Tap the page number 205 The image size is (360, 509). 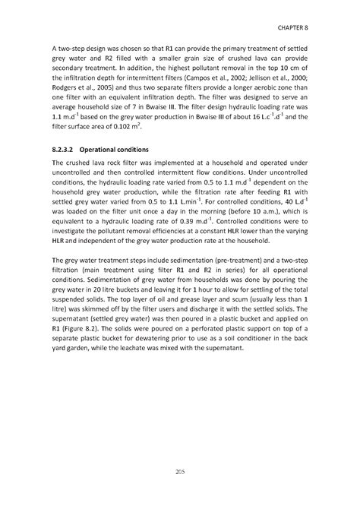179,473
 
